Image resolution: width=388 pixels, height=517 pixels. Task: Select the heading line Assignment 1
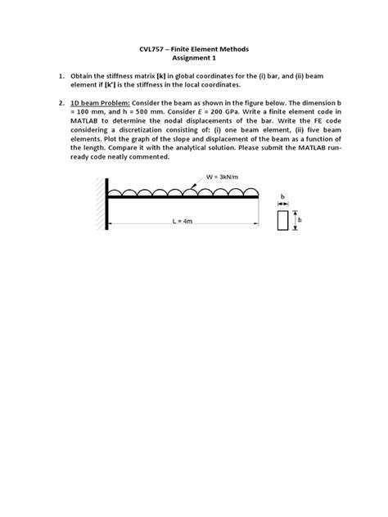[193, 60]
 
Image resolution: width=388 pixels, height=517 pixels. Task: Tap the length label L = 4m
[183, 222]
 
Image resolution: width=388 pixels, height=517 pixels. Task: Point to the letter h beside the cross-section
[298, 220]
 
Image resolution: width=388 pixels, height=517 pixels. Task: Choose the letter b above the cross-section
[282, 196]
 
